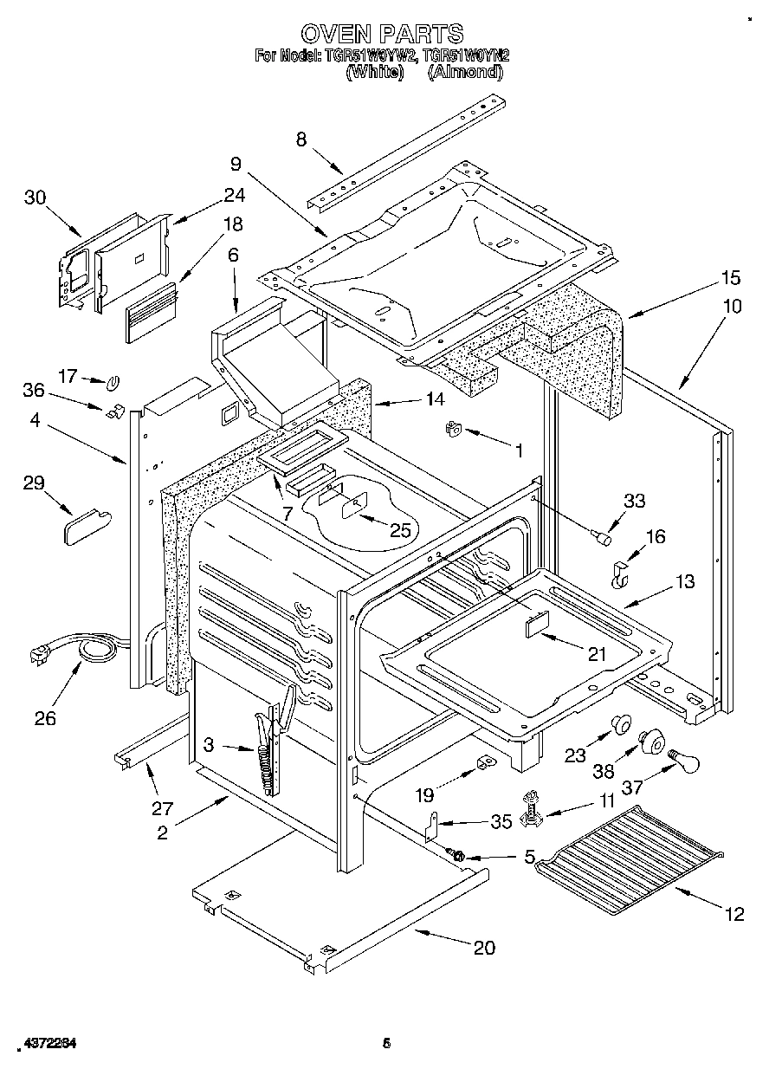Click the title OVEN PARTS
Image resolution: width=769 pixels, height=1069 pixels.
pos(382,34)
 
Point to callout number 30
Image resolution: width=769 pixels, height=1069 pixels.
pos(35,198)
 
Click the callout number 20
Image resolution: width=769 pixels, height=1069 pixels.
pos(484,948)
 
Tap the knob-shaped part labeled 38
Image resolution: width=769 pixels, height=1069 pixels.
pos(651,742)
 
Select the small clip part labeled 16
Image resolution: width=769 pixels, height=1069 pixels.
pos(620,574)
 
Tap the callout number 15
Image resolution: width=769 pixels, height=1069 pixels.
pos(730,278)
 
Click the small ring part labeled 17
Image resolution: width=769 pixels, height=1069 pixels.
pos(113,381)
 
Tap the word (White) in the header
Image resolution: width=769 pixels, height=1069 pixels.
pos(375,73)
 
